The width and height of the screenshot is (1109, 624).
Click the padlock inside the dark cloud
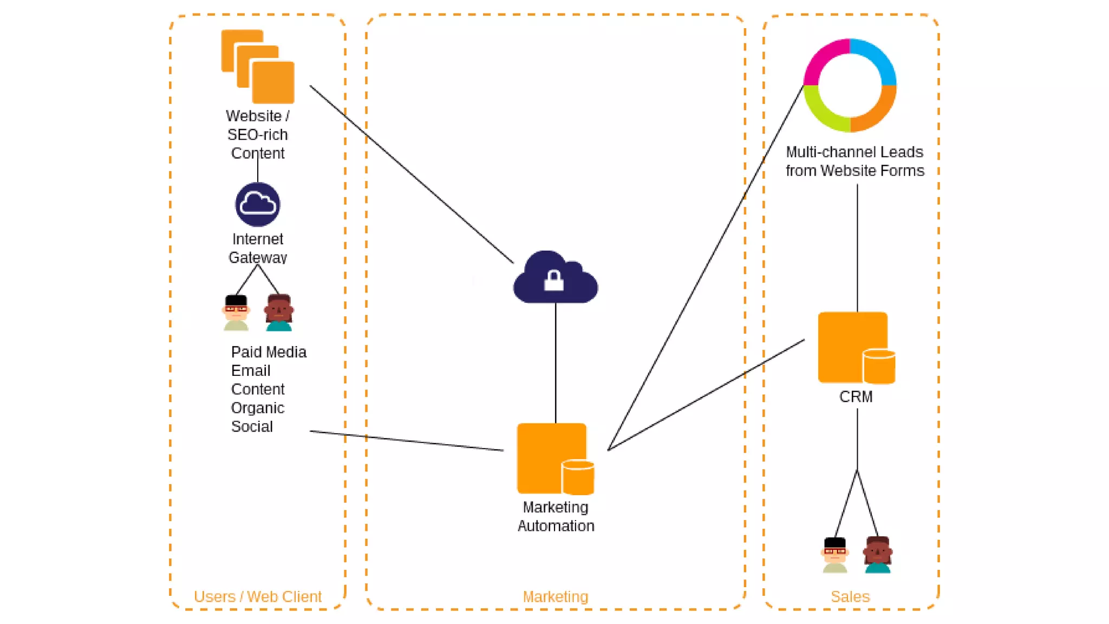(x=553, y=281)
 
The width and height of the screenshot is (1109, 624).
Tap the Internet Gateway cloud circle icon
(x=258, y=205)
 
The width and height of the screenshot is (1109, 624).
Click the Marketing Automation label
(x=556, y=516)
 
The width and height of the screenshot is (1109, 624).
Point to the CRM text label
(x=856, y=396)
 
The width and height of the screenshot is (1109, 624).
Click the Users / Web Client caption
(x=258, y=596)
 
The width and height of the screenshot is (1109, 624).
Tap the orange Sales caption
(x=850, y=596)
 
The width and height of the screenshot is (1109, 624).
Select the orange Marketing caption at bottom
(x=556, y=596)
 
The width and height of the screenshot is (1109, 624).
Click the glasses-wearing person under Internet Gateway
(x=236, y=313)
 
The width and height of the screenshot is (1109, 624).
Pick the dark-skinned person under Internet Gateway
(x=279, y=313)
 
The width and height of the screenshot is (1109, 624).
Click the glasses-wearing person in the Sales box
(x=834, y=555)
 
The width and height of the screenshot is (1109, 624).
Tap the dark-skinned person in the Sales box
(x=878, y=555)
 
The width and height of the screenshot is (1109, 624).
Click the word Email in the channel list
(x=250, y=370)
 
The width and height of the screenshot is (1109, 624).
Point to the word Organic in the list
(x=257, y=408)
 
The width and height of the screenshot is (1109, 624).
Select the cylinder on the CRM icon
(x=878, y=367)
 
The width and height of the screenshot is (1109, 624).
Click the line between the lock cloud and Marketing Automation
(x=556, y=363)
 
